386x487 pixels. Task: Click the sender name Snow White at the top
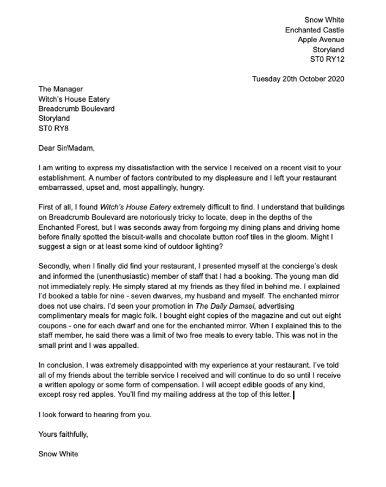pos(324,20)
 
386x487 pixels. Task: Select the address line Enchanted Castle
pos(314,30)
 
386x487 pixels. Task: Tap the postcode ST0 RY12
pos(327,59)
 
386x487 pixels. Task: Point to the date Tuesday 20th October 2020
pos(298,79)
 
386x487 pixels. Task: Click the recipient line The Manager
pos(61,89)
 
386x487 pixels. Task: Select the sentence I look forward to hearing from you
pos(94,415)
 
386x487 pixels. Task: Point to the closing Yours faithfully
pos(63,434)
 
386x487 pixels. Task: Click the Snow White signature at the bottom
pos(58,454)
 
